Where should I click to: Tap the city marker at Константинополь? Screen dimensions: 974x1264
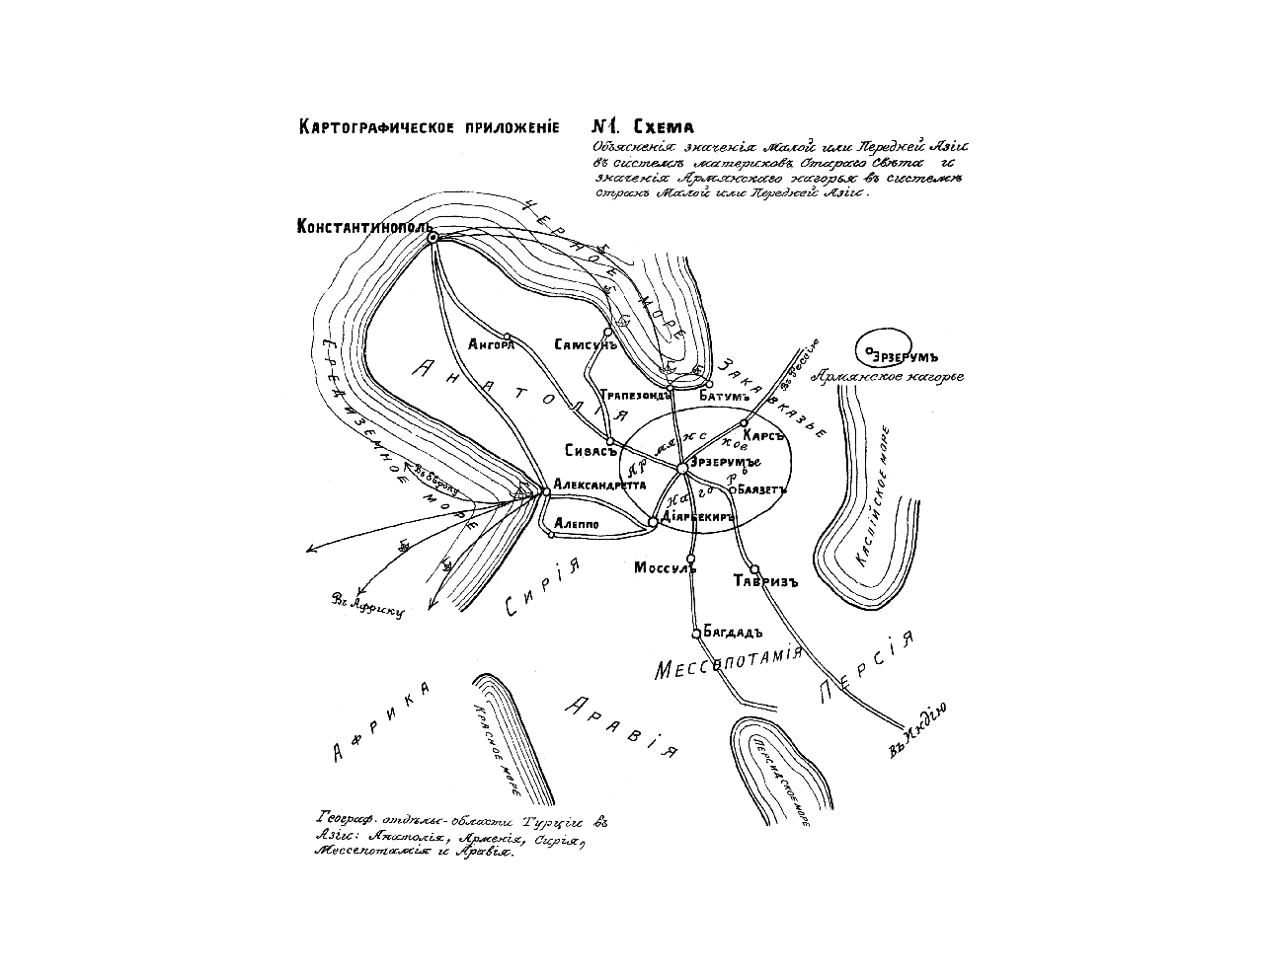(432, 237)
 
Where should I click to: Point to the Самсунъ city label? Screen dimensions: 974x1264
(586, 345)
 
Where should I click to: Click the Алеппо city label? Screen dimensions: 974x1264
(577, 523)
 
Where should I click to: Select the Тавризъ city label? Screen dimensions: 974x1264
(766, 581)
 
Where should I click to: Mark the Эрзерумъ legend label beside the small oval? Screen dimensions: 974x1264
(907, 356)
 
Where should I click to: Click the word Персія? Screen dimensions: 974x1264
(868, 667)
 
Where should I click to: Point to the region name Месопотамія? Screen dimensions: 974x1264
(726, 667)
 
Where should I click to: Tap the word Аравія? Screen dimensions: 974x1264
(622, 725)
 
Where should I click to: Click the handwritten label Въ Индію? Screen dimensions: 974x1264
(918, 729)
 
